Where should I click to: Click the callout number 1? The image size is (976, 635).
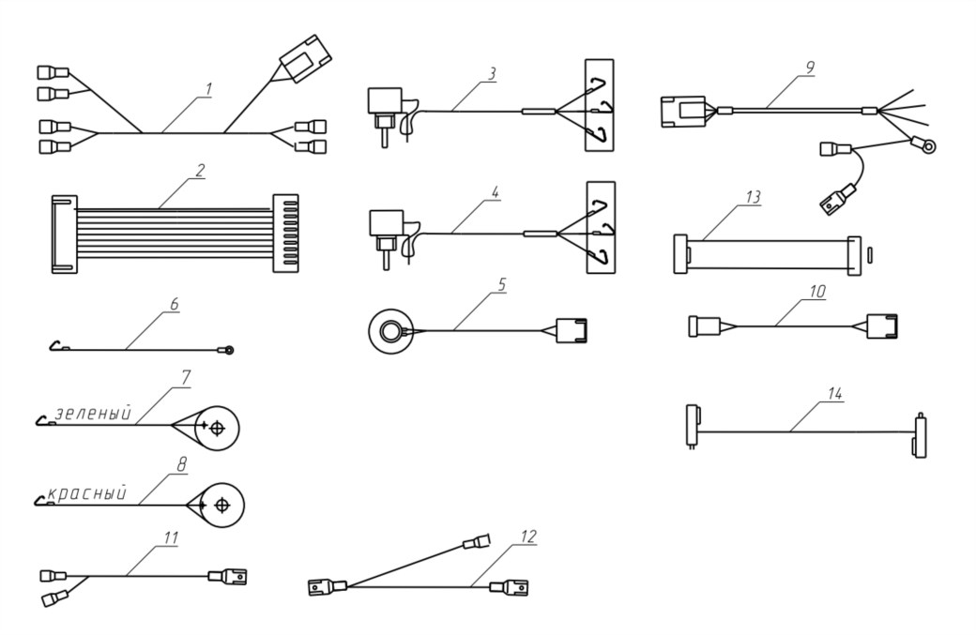[208, 90]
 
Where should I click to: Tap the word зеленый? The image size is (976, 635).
[94, 413]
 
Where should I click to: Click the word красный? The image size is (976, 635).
[86, 494]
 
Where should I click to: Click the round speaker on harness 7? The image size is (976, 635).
[217, 429]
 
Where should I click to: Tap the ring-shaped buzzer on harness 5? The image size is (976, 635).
[387, 330]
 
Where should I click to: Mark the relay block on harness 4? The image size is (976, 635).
[385, 225]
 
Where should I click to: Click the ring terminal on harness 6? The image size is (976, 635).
[229, 351]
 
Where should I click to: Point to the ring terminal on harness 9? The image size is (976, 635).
[930, 144]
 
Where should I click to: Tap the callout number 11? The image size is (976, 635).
[171, 537]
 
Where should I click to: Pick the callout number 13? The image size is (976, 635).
[754, 198]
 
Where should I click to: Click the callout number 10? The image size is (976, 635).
[816, 292]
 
